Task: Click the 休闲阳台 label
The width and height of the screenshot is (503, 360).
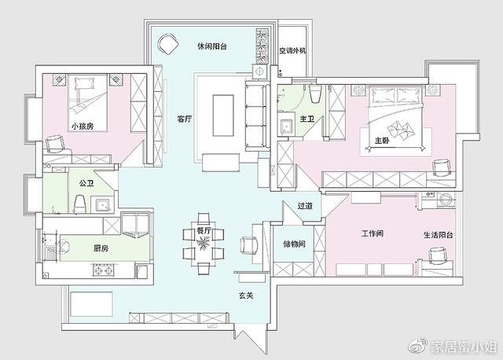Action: click(212, 46)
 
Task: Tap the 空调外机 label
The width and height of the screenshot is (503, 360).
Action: click(292, 50)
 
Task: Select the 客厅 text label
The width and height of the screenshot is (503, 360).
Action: click(185, 119)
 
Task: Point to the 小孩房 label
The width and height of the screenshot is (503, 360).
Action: click(83, 126)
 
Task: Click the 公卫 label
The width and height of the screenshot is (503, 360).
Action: click(86, 183)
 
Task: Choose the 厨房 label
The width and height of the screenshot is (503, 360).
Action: click(101, 248)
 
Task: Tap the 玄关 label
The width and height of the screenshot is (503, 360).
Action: click(246, 296)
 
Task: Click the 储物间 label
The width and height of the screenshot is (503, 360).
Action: click(294, 244)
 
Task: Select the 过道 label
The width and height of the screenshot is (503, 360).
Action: click(305, 206)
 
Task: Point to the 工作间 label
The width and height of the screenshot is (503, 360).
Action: click(372, 233)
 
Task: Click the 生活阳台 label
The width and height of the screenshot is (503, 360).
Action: click(439, 235)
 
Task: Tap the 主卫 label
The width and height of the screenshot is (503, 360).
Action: click(307, 119)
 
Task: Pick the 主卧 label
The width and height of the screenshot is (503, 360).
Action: click(382, 141)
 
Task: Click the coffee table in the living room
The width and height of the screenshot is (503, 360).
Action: click(223, 116)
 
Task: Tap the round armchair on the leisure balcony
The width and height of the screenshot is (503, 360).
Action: click(167, 44)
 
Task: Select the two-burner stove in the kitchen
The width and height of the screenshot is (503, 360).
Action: click(104, 270)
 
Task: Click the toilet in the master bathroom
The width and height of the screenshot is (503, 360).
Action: click(315, 94)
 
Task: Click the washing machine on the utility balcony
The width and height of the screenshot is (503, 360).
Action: click(446, 199)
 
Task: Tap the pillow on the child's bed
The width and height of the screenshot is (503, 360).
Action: click(85, 83)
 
